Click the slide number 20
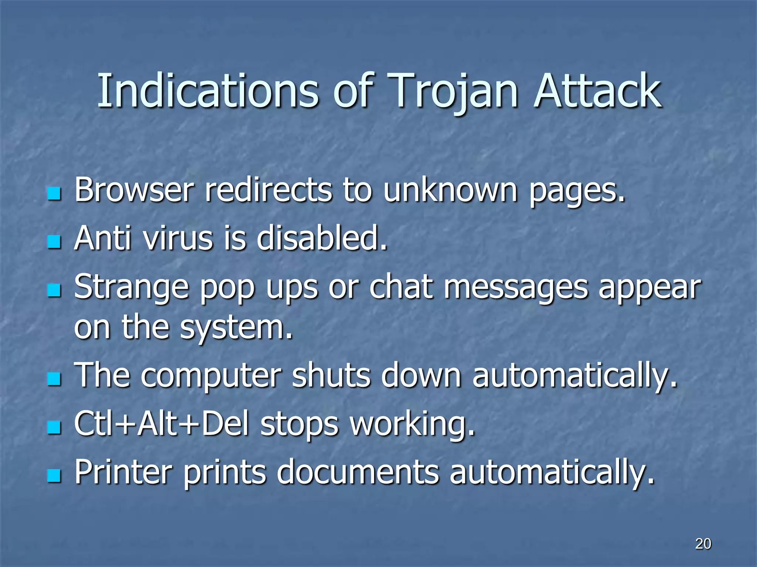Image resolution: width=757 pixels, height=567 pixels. pyautogui.click(x=703, y=544)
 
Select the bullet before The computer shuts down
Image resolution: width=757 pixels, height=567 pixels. pyautogui.click(x=54, y=378)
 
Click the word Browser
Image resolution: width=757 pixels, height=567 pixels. pyautogui.click(x=134, y=190)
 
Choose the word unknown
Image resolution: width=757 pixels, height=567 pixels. pyautogui.click(x=450, y=190)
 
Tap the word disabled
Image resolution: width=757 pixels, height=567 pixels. pyautogui.click(x=322, y=238)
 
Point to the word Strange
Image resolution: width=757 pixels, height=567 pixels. pyautogui.click(x=132, y=287)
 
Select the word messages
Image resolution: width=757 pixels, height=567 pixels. pyautogui.click(x=516, y=287)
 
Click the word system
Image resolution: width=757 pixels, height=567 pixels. pyautogui.click(x=236, y=327)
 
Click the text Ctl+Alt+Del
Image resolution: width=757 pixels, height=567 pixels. pyautogui.click(x=162, y=424)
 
